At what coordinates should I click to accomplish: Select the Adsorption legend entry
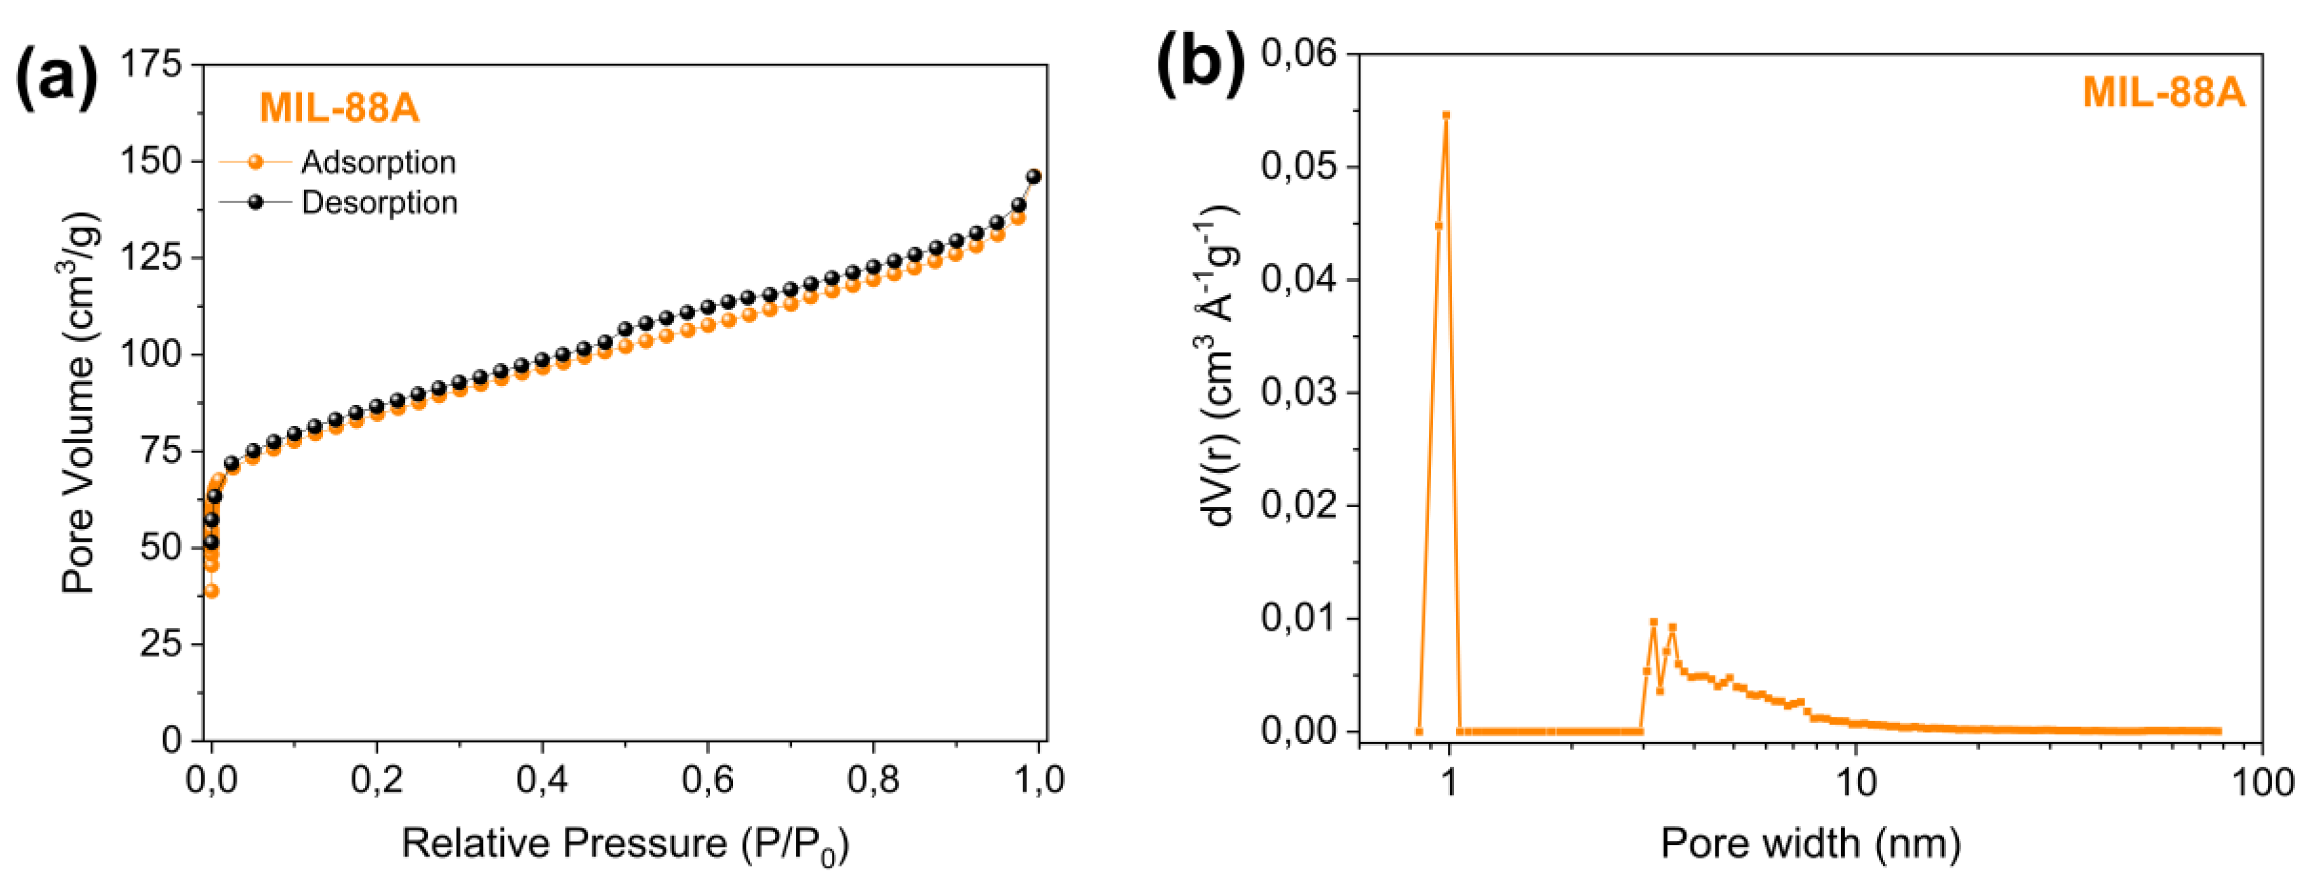pos(378,162)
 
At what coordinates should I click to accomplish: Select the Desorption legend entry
pos(378,203)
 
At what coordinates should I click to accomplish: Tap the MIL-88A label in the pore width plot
pos(2163,92)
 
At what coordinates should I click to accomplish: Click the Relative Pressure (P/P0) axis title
pos(624,844)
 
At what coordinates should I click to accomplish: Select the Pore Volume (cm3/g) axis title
pos(81,402)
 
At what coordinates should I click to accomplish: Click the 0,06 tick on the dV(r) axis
pos(1298,54)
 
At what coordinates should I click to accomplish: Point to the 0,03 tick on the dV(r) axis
pos(1298,392)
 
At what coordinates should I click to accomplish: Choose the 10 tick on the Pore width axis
pos(1856,783)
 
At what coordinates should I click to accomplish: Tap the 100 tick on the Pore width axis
pos(2261,783)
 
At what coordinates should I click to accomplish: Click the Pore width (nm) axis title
pos(1810,844)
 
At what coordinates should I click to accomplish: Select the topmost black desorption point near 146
pos(1033,176)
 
